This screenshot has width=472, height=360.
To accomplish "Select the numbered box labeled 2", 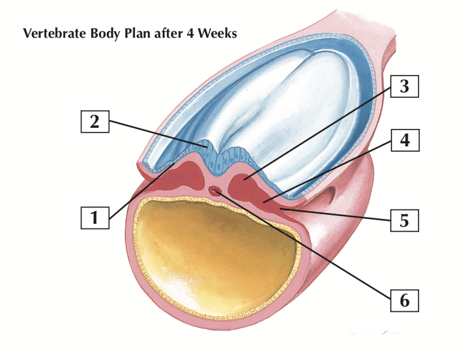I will point(94,121).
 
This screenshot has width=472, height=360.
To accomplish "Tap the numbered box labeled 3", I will point(404,87).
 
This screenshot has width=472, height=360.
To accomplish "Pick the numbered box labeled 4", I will point(404,142).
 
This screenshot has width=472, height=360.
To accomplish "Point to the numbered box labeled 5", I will point(404,220).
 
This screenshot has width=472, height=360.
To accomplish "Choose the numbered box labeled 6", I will point(404,298).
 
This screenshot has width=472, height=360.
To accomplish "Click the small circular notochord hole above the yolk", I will point(215,191).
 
